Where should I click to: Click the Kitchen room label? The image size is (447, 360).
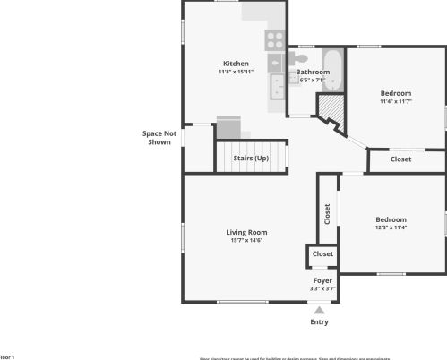tap(236, 64)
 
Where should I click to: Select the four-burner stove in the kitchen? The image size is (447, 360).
tap(274, 39)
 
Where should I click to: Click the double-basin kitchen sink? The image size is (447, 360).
tap(278, 87)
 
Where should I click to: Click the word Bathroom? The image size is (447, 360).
tap(313, 72)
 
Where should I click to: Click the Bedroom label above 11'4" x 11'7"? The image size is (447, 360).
tap(395, 93)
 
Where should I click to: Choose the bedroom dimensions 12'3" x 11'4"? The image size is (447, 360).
tap(391, 227)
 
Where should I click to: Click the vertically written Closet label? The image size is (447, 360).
tap(327, 215)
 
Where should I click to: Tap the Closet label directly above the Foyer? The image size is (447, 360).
tap(322, 254)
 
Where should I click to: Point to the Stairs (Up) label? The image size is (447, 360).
tap(251, 159)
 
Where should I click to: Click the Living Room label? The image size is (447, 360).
tap(246, 233)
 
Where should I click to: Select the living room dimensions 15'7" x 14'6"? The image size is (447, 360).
tap(246, 240)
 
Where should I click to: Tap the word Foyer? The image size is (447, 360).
tap(322, 281)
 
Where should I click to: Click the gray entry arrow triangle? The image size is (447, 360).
tap(319, 309)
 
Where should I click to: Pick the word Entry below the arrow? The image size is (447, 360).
tap(319, 322)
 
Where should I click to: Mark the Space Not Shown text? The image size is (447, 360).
tap(159, 138)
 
